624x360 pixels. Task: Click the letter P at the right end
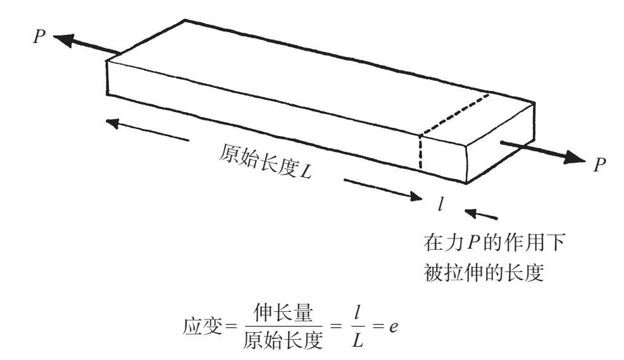tap(599, 165)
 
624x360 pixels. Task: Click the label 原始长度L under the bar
tap(266, 162)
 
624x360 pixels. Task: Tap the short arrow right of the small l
tap(481, 213)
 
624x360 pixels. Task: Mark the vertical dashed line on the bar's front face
tap(420, 151)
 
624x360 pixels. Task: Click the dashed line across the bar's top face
tap(456, 114)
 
